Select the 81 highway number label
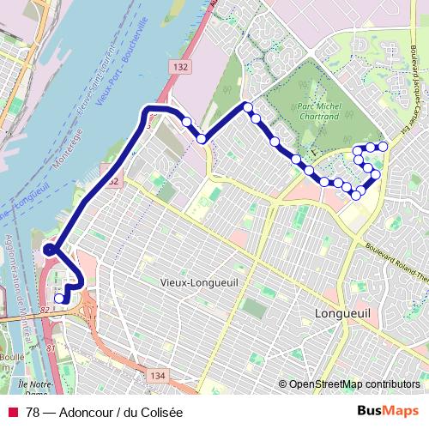pos(50,347)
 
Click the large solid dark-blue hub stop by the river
pos(50,250)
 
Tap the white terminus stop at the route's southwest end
pos(58,299)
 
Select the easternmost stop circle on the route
pos(383,147)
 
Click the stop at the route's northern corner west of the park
pos(248,107)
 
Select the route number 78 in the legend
pos(33,412)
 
